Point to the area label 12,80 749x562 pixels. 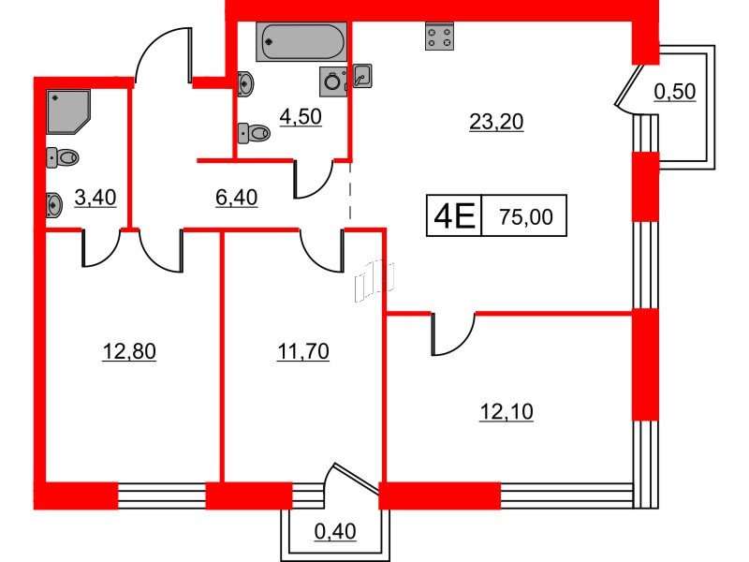[129, 352]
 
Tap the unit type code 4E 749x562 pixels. [453, 218]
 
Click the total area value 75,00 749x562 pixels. [526, 218]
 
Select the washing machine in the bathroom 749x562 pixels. [333, 82]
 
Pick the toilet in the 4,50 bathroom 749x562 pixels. [254, 133]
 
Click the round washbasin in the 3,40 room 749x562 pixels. [53, 202]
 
